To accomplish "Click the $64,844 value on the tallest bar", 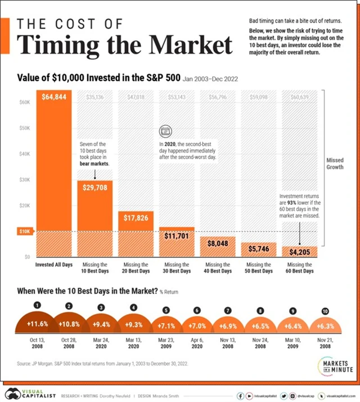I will [x=54, y=97].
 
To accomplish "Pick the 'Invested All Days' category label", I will [x=54, y=264].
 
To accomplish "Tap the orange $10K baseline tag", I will [x=24, y=231].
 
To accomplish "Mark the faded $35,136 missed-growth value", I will [x=94, y=97].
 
